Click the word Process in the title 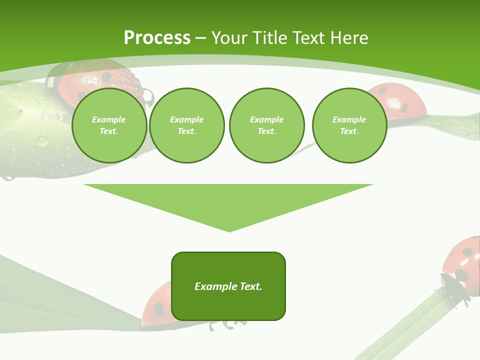click(157, 38)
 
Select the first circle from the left click(109, 125)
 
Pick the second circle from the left click(187, 125)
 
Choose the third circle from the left click(266, 125)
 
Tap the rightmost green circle click(349, 125)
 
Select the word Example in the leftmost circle click(109, 119)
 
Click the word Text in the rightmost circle click(349, 131)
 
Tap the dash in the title click(200, 38)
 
